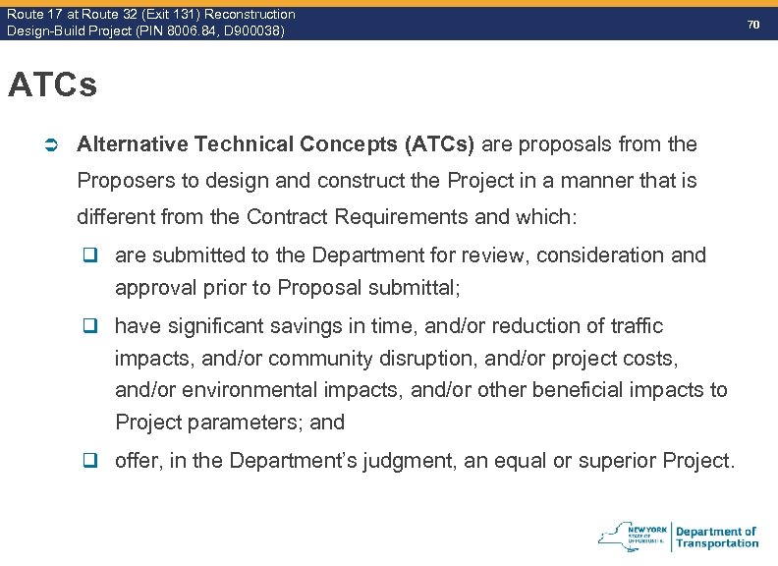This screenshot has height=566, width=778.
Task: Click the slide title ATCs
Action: [x=52, y=85]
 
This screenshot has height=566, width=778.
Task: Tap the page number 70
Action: [x=753, y=23]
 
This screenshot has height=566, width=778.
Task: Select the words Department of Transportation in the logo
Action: [x=716, y=538]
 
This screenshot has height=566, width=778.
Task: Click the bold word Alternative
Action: [x=132, y=144]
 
